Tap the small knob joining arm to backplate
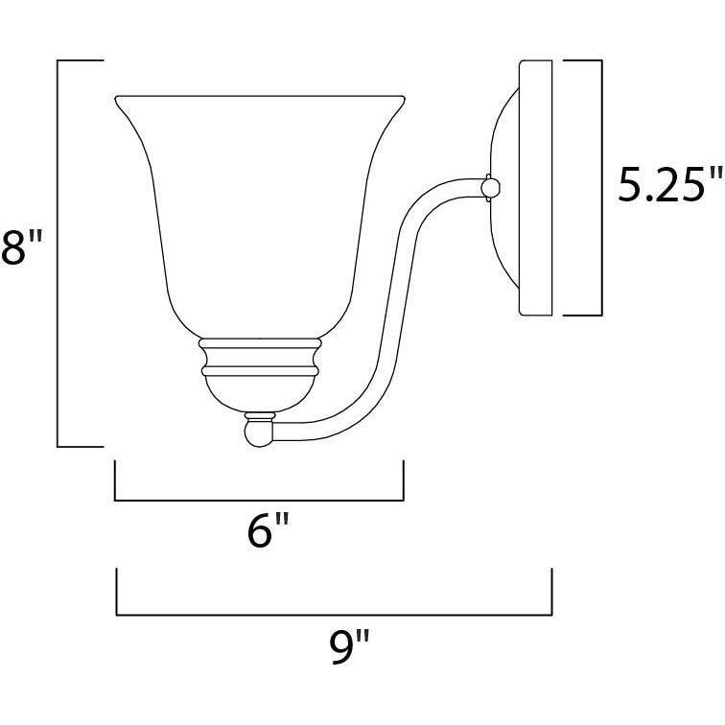pos(491,187)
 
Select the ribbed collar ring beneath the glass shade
pos(259,357)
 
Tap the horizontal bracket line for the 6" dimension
pos(259,500)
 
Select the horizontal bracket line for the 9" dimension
pos(334,614)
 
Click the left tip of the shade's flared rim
pos(116,98)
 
